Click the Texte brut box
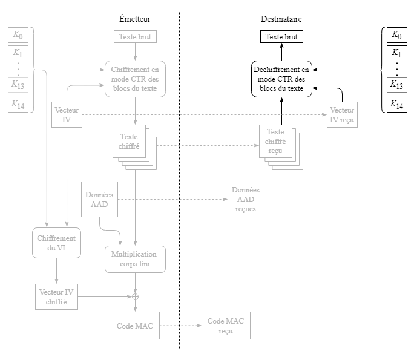(x=135, y=37)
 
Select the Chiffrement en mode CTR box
(x=135, y=79)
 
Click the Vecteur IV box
(x=67, y=114)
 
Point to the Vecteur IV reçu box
(x=342, y=114)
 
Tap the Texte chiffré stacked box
(x=130, y=142)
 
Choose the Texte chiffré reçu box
(x=275, y=142)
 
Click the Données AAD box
(x=99, y=200)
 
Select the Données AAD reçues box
(x=246, y=200)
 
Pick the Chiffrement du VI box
(x=56, y=243)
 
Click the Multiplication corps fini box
(x=134, y=259)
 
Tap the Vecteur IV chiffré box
(x=56, y=296)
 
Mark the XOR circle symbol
(x=135, y=296)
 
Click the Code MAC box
(x=135, y=326)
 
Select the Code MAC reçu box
(x=226, y=326)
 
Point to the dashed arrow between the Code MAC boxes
(x=180, y=326)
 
